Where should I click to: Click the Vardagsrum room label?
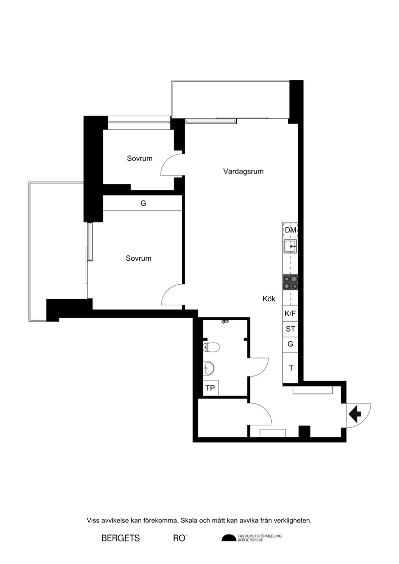(x=243, y=172)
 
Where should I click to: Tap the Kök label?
(x=269, y=299)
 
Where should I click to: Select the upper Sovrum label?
(x=140, y=158)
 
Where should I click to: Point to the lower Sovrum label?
(x=139, y=258)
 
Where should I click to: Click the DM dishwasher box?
(x=290, y=230)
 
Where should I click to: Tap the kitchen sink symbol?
(x=290, y=247)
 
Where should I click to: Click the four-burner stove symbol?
(x=290, y=282)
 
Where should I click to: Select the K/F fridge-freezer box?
(x=290, y=313)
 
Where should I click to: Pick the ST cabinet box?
(x=290, y=329)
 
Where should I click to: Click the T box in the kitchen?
(x=291, y=368)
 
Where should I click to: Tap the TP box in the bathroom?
(x=210, y=388)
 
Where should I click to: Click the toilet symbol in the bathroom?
(x=211, y=347)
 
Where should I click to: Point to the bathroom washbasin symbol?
(x=208, y=368)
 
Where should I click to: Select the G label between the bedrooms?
(x=143, y=203)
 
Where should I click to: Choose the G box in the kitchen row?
(x=290, y=344)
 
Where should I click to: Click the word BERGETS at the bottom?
(x=121, y=538)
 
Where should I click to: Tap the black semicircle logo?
(x=228, y=538)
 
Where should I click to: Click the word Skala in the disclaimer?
(x=189, y=521)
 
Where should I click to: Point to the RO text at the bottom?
(x=180, y=538)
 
